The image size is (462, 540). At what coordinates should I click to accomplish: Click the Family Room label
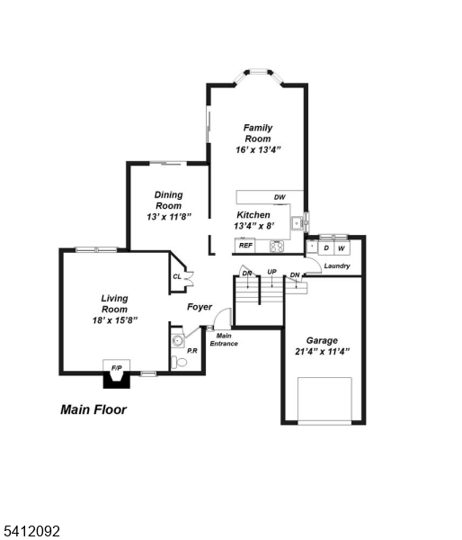pos(258,133)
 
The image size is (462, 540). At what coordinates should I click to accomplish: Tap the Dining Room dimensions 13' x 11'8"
pos(168,217)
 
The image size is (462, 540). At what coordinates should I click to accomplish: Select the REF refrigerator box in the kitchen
pos(245,245)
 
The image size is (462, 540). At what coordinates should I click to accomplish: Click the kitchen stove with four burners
pos(276,245)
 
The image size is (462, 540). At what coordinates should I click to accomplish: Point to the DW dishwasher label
pos(280,197)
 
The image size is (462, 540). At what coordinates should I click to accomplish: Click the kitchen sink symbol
pos(295,221)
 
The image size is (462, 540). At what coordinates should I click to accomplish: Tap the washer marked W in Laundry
pos(342,247)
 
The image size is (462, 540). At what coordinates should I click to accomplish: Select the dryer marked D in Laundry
pos(326,247)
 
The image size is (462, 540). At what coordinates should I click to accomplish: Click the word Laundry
pos(336,265)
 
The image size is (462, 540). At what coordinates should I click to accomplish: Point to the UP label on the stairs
pos(271,273)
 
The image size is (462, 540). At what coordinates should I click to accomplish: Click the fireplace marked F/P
pos(116,369)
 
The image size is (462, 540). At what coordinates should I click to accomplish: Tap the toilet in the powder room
pos(180,362)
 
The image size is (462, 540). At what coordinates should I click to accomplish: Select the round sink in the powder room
pos(177,341)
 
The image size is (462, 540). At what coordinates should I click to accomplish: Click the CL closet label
pos(177,276)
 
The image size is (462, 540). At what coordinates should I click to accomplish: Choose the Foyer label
pos(200,307)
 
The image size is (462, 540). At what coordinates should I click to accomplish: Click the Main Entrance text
pos(224,339)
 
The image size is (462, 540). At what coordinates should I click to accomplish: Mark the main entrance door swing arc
pos(224,317)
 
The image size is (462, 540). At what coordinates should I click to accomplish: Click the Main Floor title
pos(93,409)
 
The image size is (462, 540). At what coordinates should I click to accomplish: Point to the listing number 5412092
pos(31,532)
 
